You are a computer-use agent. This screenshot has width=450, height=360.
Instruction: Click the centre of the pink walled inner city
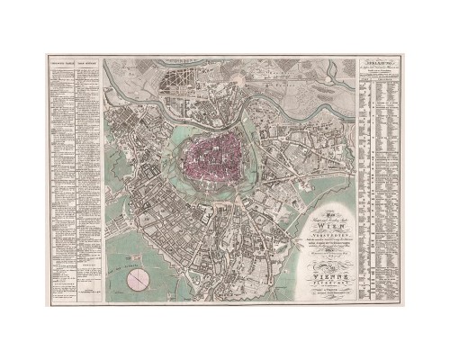213,154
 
